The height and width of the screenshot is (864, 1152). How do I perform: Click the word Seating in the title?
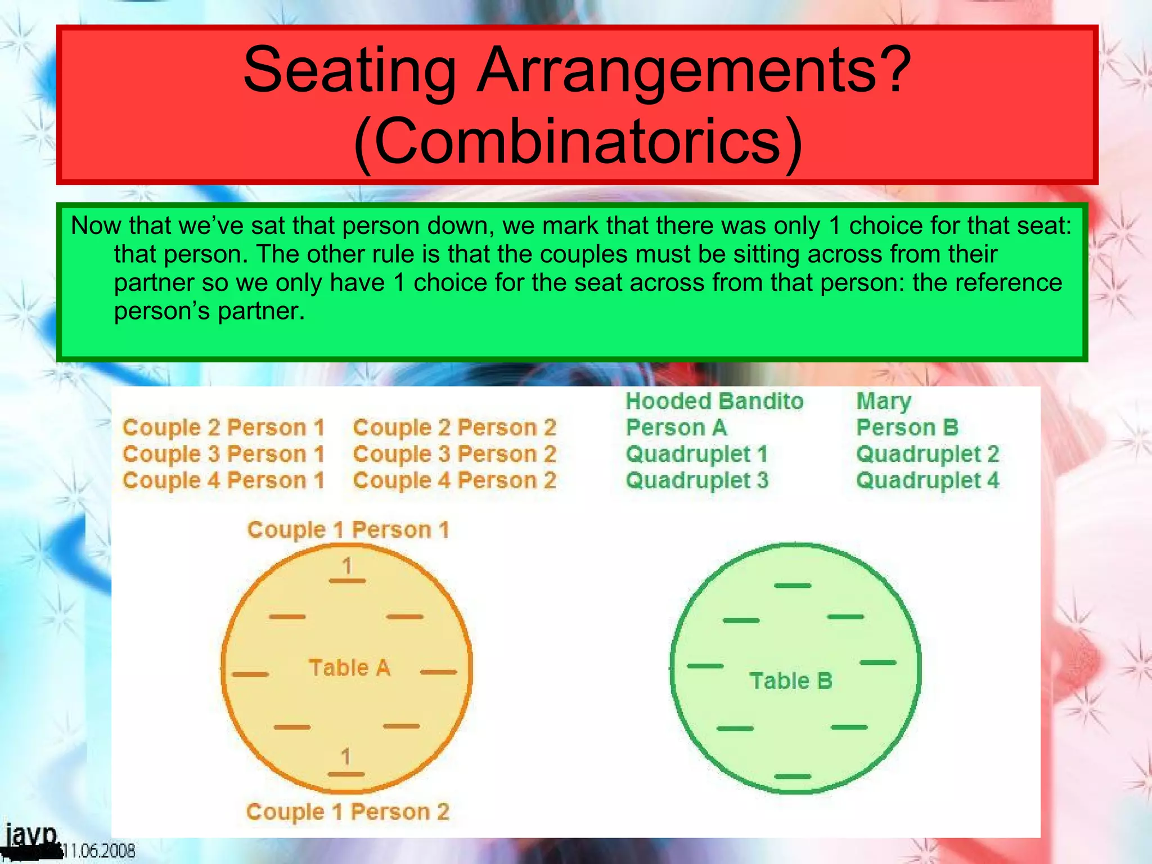pyautogui.click(x=349, y=70)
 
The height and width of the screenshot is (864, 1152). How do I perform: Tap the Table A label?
pyautogui.click(x=349, y=668)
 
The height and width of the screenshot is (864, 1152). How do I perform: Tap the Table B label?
pyautogui.click(x=790, y=681)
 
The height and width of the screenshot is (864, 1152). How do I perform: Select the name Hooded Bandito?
pyautogui.click(x=714, y=401)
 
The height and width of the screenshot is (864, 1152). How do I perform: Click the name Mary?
pyautogui.click(x=884, y=402)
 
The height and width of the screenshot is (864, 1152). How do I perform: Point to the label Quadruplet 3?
pyautogui.click(x=697, y=480)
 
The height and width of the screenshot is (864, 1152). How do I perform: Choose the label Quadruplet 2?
pyautogui.click(x=928, y=454)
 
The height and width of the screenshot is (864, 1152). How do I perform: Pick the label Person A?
pyautogui.click(x=676, y=427)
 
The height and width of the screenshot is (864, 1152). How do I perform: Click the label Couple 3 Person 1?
pyautogui.click(x=223, y=454)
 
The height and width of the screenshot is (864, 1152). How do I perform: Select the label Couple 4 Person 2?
pyautogui.click(x=454, y=480)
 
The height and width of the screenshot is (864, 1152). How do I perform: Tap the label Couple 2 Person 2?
pyautogui.click(x=454, y=427)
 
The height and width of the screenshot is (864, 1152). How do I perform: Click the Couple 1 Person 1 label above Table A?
pyautogui.click(x=348, y=529)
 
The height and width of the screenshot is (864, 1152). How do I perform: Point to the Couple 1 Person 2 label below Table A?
pyautogui.click(x=348, y=812)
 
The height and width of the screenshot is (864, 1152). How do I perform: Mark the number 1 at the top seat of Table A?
pyautogui.click(x=347, y=565)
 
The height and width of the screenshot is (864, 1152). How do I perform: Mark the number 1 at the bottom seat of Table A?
pyautogui.click(x=346, y=757)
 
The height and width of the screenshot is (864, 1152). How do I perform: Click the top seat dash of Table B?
pyautogui.click(x=793, y=586)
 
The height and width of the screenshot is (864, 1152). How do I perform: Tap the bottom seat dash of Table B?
pyautogui.click(x=793, y=776)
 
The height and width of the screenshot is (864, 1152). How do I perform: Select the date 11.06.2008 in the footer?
pyautogui.click(x=98, y=850)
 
